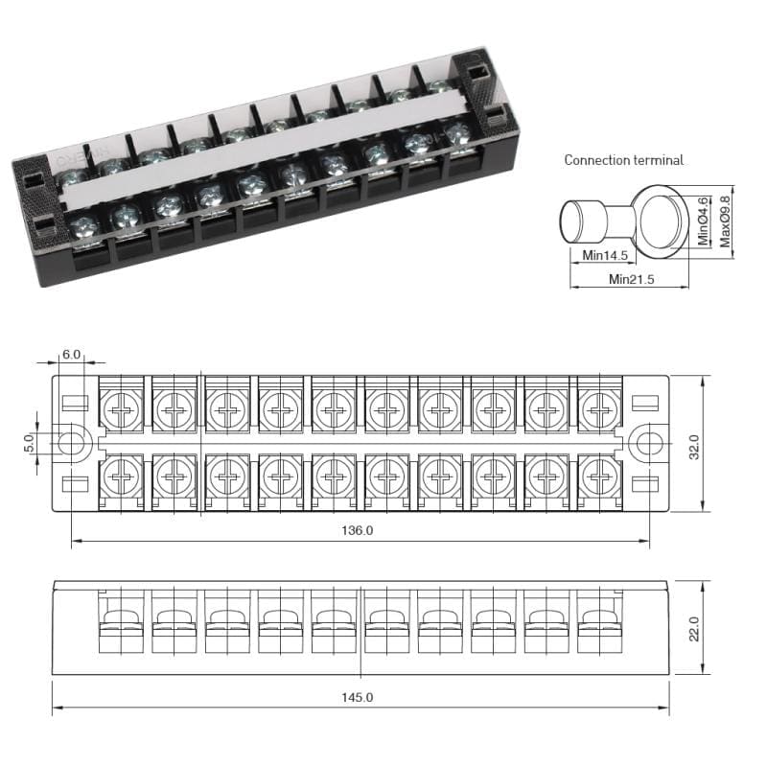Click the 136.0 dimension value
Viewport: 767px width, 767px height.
(x=357, y=530)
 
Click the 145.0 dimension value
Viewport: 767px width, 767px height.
(x=357, y=697)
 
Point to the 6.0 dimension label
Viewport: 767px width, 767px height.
(x=71, y=354)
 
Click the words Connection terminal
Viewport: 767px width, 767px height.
(x=623, y=160)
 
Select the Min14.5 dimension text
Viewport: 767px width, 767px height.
(x=605, y=256)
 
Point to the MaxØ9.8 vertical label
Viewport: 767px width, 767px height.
(x=725, y=219)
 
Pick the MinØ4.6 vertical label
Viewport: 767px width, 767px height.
(x=704, y=220)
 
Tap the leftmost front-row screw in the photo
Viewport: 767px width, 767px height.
(x=81, y=229)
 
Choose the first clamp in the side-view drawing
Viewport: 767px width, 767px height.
(x=122, y=623)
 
